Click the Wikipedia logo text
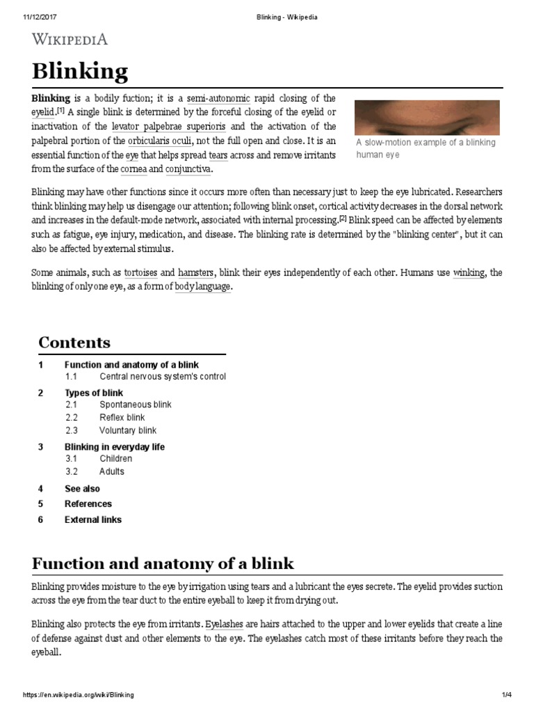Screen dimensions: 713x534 tap(70, 39)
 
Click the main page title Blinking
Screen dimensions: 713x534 tap(80, 71)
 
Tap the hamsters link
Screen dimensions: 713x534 tap(197, 272)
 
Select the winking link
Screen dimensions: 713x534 tap(469, 272)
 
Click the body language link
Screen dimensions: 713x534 tap(202, 287)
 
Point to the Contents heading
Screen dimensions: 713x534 tap(74, 343)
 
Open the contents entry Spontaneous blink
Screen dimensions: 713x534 tap(135, 405)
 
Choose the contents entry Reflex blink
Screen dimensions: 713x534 tap(122, 418)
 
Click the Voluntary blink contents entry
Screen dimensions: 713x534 tap(128, 431)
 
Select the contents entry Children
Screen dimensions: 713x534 tap(115, 459)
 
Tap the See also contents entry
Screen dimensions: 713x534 tap(82, 489)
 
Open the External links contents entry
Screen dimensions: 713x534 tap(92, 519)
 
